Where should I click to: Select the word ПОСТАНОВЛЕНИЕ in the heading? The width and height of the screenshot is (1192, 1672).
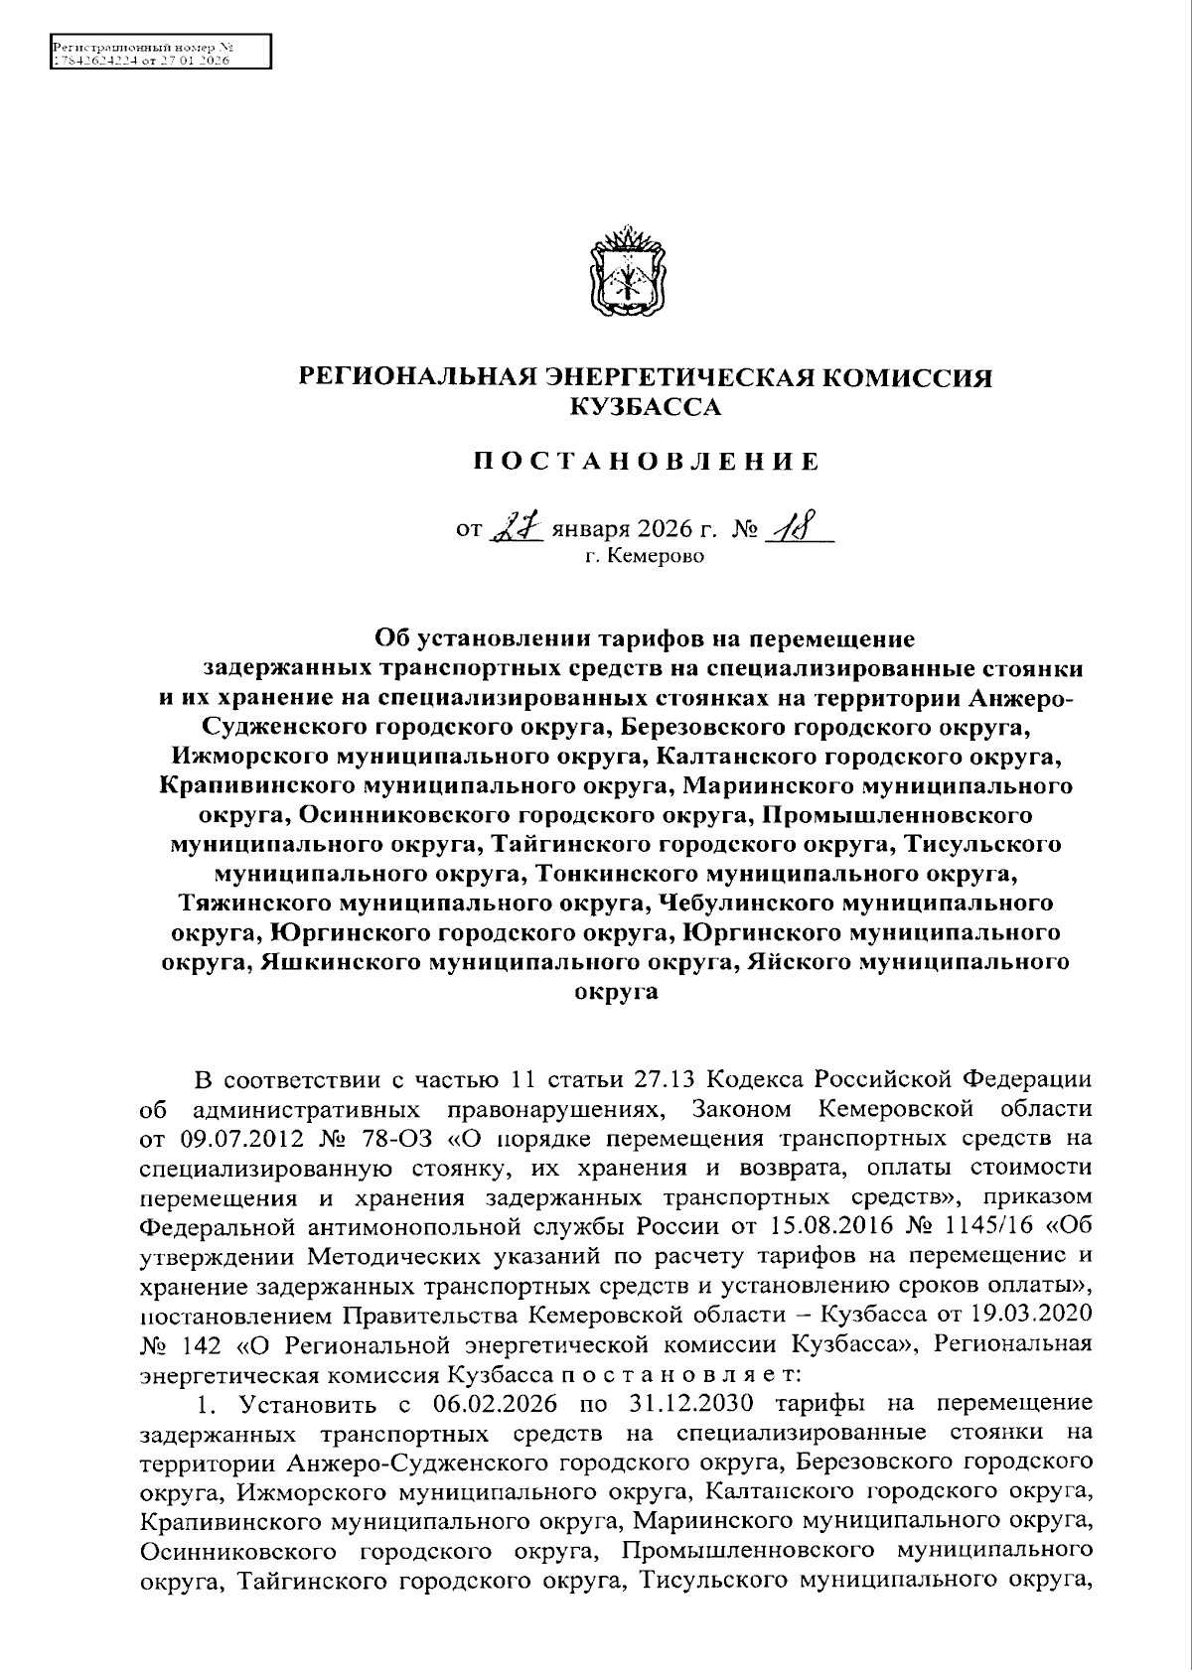pyautogui.click(x=645, y=461)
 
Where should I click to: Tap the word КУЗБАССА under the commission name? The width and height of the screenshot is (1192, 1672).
pyautogui.click(x=645, y=406)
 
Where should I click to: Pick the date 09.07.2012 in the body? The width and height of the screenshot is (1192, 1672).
pyautogui.click(x=234, y=1136)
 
